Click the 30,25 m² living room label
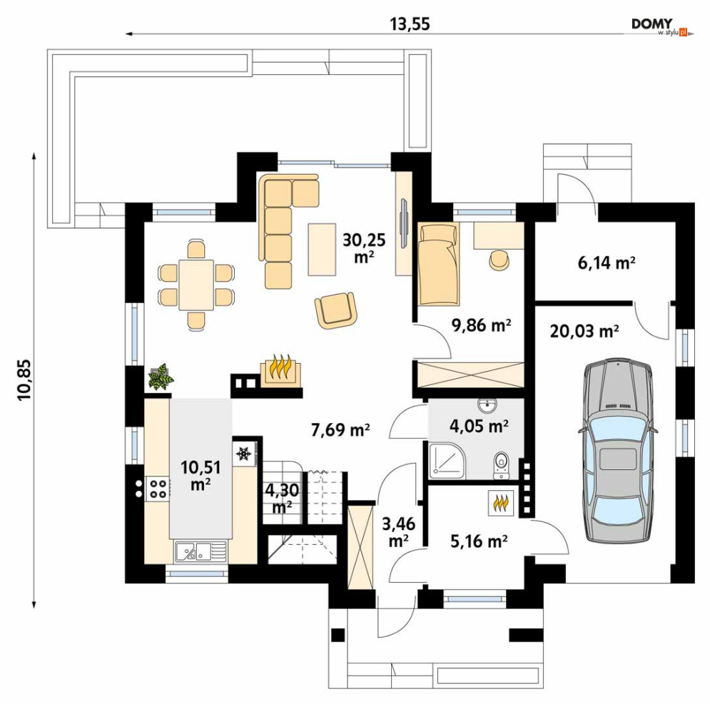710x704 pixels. pos(364,248)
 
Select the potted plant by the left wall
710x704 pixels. pos(161,377)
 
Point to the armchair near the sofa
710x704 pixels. pos(335,310)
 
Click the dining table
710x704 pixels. pos(196,285)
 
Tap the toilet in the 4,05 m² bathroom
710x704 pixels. pos(501,464)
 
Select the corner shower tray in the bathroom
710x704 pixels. pos(447,461)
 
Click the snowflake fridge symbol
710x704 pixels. pos(244,453)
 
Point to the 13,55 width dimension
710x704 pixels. pos(410,24)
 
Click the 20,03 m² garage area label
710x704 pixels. pos(584,331)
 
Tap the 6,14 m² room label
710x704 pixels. pos(607,262)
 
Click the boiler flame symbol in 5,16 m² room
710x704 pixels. pos(501,503)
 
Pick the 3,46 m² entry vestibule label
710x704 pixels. pos(398,532)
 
